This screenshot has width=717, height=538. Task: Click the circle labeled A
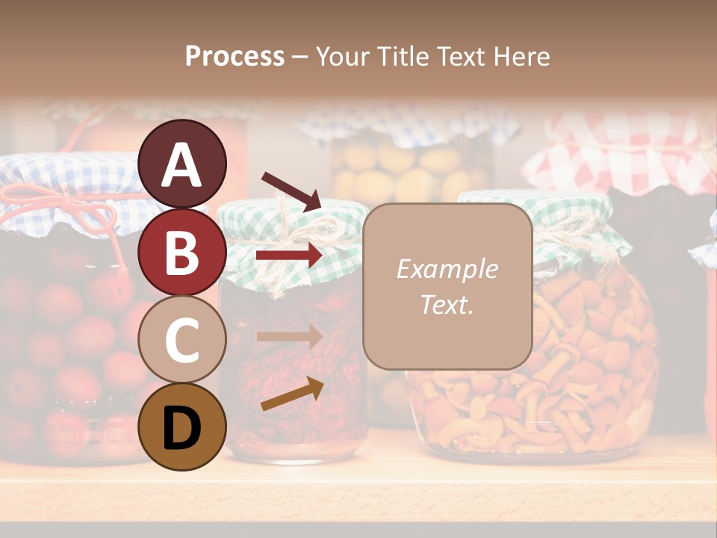click(x=182, y=164)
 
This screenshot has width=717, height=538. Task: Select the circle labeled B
click(x=182, y=252)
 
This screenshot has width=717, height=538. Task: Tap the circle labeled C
click(x=182, y=339)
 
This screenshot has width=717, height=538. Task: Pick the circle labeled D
click(x=182, y=427)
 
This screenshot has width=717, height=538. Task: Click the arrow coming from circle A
click(x=291, y=191)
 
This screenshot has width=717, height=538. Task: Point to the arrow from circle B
click(x=289, y=256)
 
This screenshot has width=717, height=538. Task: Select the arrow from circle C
click(x=289, y=336)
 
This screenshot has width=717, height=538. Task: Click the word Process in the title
click(x=235, y=57)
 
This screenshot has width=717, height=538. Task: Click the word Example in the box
click(x=447, y=269)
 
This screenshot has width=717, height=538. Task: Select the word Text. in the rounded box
click(x=447, y=304)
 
